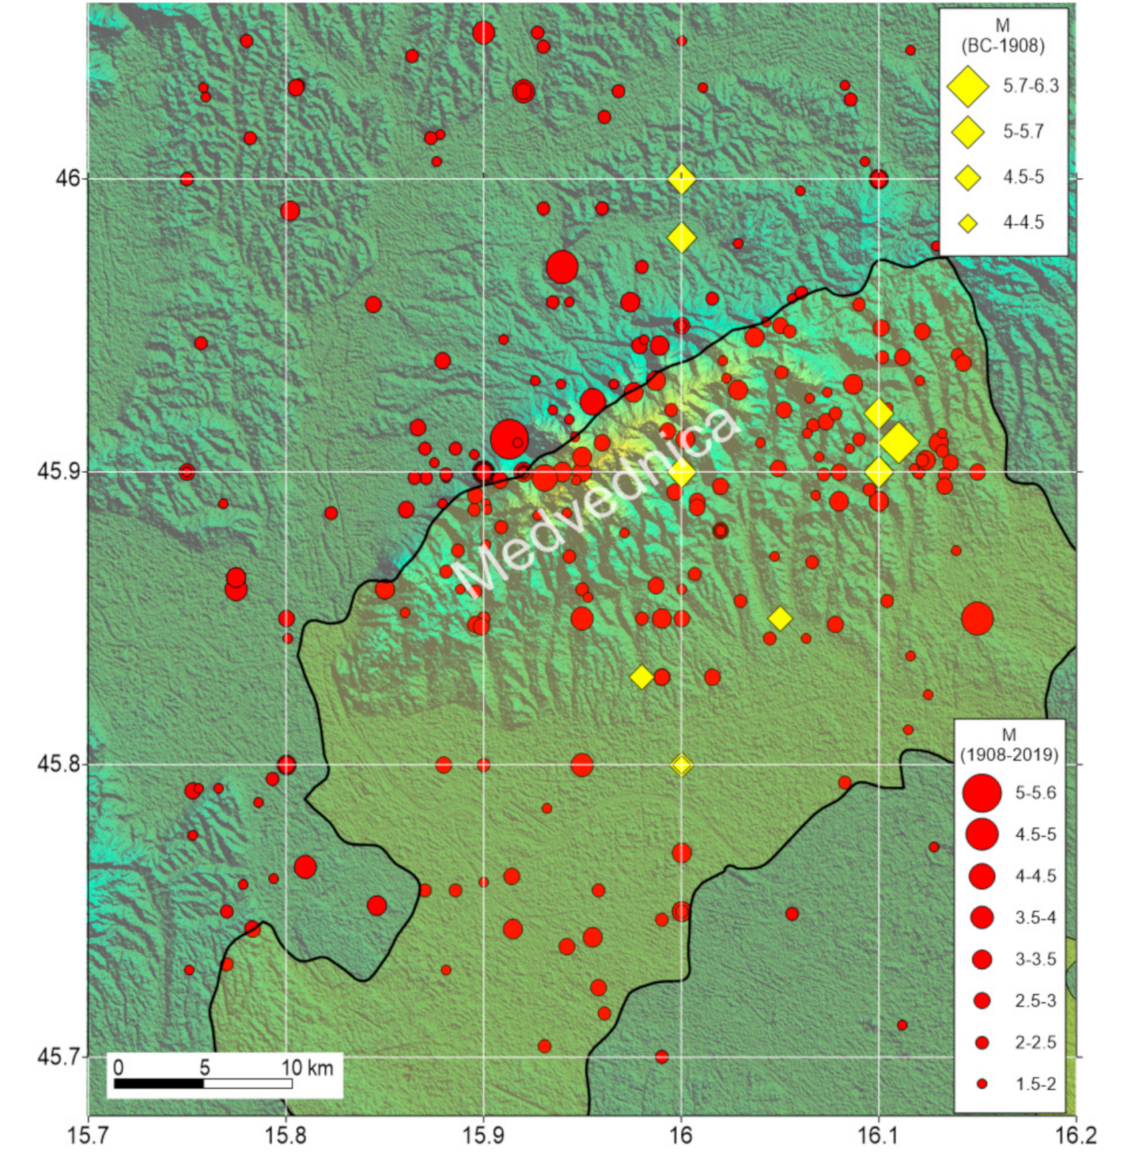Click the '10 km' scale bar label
point(306,1068)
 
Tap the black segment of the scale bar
point(159,1084)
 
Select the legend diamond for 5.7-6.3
point(967,87)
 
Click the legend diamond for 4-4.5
point(967,224)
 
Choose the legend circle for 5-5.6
point(981,793)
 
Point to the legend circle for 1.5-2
point(981,1084)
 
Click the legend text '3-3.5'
point(1036,959)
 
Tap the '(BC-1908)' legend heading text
point(1002,45)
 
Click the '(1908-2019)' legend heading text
point(1009,755)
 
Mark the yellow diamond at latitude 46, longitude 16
point(681,179)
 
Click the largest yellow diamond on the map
point(898,442)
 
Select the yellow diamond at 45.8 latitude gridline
point(681,765)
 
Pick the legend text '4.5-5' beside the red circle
point(1036,835)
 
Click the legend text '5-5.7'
point(1023,132)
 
